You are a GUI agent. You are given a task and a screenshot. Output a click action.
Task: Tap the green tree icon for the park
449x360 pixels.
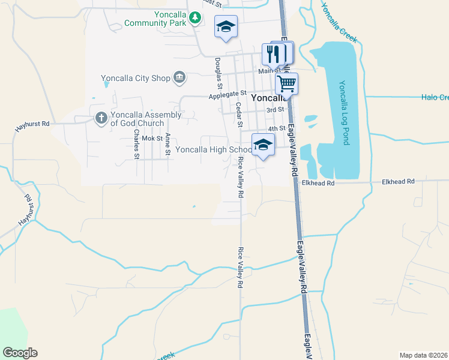click(x=194, y=19)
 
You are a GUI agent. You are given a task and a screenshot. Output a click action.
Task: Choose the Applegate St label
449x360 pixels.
click(x=228, y=94)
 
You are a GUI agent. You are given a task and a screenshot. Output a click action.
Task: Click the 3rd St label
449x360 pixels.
click(x=275, y=110)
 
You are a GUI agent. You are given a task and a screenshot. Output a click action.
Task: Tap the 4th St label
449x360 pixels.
click(x=276, y=128)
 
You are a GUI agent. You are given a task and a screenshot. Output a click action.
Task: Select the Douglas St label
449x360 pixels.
click(x=217, y=71)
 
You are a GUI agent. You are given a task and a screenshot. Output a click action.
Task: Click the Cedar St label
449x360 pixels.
click(x=238, y=114)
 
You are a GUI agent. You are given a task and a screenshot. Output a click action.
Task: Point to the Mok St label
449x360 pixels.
click(x=152, y=138)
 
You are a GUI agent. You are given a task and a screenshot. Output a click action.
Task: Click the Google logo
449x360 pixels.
click(x=19, y=353)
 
